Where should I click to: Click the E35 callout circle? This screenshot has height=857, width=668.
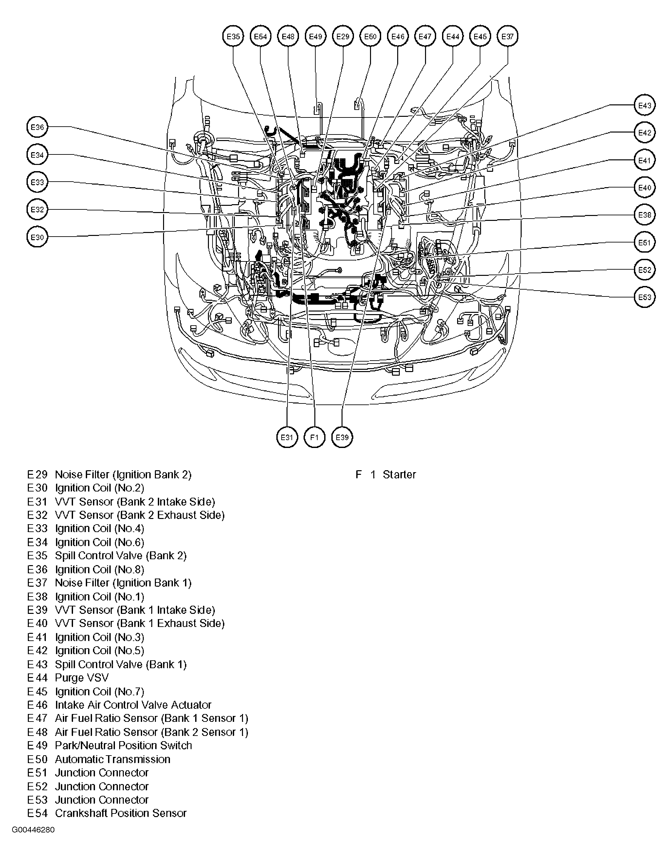coord(233,37)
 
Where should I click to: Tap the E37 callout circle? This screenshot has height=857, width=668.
coord(507,37)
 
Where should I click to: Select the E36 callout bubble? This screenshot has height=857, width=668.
coord(37,127)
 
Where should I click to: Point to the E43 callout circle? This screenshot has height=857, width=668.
coord(644,105)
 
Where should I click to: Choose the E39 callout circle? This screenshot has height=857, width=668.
coord(342,437)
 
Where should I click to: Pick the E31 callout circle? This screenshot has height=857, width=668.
coord(287,437)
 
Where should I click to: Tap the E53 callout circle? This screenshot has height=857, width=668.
coord(644,297)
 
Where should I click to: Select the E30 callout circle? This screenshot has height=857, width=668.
coord(37,237)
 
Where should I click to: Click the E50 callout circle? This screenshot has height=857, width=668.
coord(370,37)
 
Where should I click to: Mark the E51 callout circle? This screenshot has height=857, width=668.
coord(644,242)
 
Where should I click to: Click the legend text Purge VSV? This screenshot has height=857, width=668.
coord(82,678)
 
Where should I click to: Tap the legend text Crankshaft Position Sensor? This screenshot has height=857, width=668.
coord(121,813)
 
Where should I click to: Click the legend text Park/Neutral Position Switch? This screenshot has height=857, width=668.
coord(123,745)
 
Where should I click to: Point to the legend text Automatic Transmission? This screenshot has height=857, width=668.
coord(112,759)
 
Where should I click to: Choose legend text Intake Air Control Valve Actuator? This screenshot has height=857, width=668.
coord(133,705)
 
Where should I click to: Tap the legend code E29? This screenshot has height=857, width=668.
coord(37,474)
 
